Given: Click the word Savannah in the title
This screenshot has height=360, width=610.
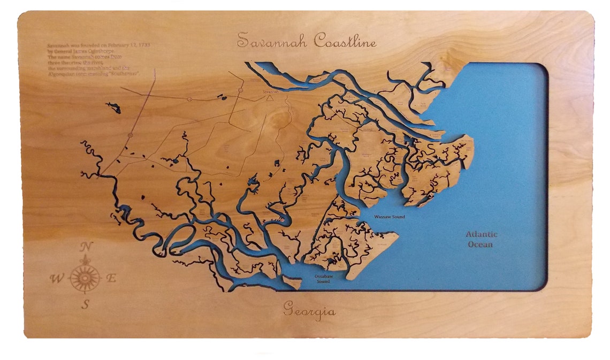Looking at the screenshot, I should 272,41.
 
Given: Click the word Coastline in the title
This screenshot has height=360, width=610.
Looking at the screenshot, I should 345,41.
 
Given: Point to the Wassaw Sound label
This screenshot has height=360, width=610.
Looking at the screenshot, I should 390,217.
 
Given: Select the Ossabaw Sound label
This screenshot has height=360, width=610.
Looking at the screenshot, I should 323,279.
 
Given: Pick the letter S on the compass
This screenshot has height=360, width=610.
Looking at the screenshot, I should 85,305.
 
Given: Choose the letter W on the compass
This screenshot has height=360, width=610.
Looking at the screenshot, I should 56,278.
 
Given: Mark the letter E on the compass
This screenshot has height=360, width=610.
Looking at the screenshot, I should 111,278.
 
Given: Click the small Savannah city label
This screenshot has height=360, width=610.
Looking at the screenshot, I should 270,91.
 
